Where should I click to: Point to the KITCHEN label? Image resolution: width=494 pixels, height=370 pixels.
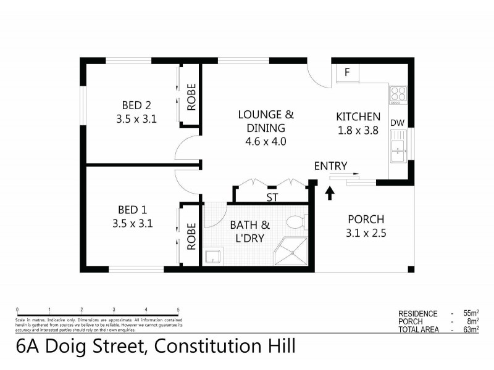[x=358, y=117]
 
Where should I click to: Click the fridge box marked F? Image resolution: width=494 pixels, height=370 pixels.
[x=347, y=73]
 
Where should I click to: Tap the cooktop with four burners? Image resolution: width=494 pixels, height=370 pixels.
[x=398, y=94]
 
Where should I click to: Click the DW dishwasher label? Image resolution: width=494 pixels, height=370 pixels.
[x=397, y=123]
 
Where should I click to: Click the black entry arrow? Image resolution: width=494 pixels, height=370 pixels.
[x=329, y=192]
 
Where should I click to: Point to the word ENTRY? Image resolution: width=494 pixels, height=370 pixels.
[x=330, y=165]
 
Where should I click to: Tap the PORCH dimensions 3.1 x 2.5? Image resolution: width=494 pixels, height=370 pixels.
[x=366, y=233]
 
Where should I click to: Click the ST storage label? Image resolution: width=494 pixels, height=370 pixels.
[x=271, y=197]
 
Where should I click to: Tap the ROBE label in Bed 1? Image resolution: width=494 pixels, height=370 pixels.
[x=191, y=235]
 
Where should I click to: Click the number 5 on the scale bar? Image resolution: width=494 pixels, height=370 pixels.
[x=178, y=310]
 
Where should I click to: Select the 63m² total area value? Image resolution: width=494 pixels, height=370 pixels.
[x=471, y=330]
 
